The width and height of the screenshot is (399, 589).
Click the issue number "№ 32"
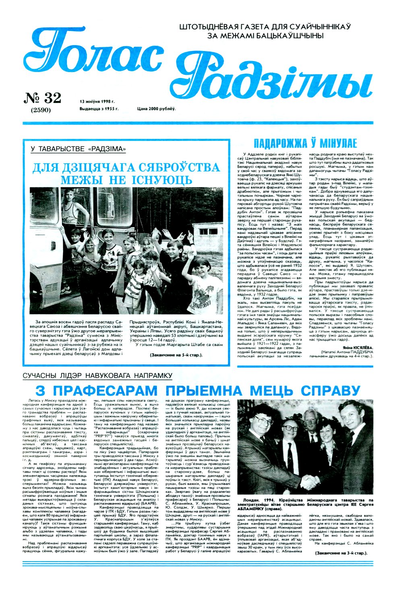pyautogui.click(x=43, y=98)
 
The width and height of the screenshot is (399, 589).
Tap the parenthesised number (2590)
pyautogui.click(x=40, y=110)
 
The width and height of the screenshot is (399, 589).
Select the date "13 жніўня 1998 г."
pyautogui.click(x=97, y=101)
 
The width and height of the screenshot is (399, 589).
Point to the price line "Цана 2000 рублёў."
pyautogui.click(x=156, y=109)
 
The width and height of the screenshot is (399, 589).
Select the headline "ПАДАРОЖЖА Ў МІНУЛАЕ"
pyautogui.click(x=305, y=144)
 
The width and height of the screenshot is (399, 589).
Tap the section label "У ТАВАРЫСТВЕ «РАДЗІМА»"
pyautogui.click(x=78, y=149)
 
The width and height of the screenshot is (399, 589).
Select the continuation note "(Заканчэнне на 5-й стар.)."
pyautogui.click(x=176, y=355)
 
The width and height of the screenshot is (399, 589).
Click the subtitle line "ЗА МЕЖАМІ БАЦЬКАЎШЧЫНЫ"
pyautogui.click(x=265, y=36)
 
